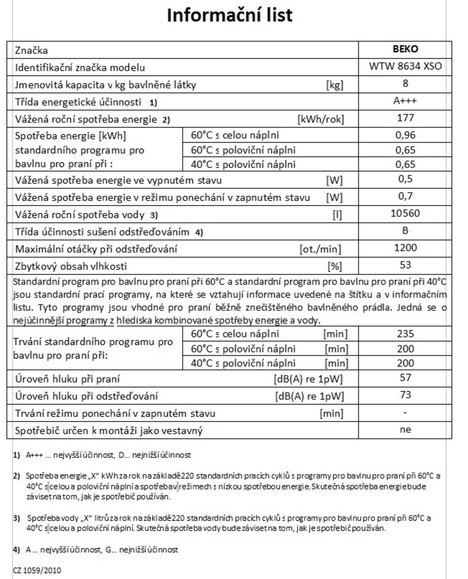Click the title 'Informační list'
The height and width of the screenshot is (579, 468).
coord(229,16)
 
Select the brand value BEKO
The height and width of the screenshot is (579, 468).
coord(405,50)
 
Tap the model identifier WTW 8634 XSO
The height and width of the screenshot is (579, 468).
coord(405,67)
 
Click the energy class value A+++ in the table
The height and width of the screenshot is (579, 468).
coord(405,101)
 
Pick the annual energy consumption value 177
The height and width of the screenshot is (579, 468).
coord(405,118)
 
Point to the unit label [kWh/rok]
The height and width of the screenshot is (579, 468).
coord(320,120)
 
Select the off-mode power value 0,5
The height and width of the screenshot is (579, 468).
coord(405,179)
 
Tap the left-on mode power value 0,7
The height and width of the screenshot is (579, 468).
coord(405,196)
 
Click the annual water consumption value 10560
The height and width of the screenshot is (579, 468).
coord(405,214)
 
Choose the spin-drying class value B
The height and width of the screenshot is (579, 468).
coord(405,230)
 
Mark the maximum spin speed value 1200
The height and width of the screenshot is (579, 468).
coord(405,248)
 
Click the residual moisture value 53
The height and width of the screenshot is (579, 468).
coord(405,266)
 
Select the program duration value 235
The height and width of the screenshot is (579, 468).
coord(405,334)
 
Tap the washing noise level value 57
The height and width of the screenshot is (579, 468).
coord(405,378)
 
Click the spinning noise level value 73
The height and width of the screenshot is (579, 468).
coord(405,395)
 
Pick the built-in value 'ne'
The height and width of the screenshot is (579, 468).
coord(405,430)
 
